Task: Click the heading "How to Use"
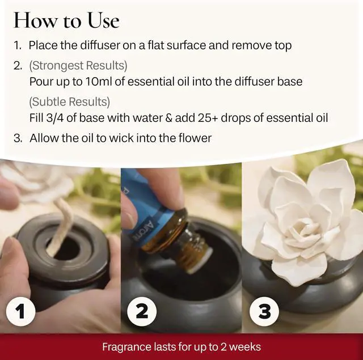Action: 66,20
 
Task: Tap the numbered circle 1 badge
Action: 20,311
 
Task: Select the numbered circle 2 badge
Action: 142,311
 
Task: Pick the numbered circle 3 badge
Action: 264,311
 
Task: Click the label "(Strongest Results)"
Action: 78,65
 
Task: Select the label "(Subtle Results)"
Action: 69,102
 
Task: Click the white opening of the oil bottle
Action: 200,260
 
